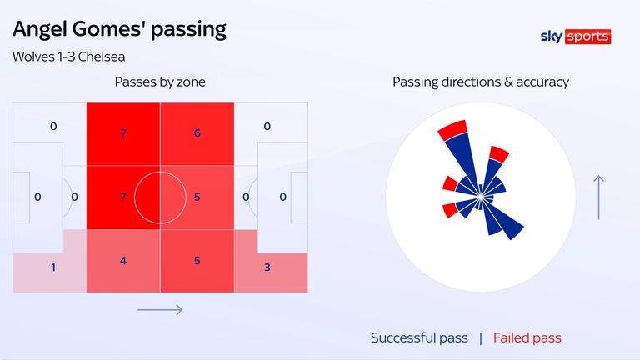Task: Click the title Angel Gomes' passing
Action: click(x=119, y=29)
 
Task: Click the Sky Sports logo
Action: click(x=575, y=37)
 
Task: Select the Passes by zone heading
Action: click(x=160, y=82)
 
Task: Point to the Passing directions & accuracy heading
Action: click(x=481, y=82)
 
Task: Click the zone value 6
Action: click(x=197, y=132)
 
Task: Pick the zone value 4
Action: click(x=123, y=261)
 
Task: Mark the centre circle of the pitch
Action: click(x=160, y=197)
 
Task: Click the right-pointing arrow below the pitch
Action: click(x=160, y=310)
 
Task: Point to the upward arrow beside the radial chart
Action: click(x=598, y=197)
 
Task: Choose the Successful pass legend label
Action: click(x=419, y=337)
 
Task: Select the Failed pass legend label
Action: click(x=527, y=337)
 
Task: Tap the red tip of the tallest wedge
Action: click(x=452, y=129)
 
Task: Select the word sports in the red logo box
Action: click(x=588, y=37)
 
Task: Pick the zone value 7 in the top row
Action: click(x=123, y=132)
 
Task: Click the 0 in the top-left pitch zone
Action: click(x=53, y=127)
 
